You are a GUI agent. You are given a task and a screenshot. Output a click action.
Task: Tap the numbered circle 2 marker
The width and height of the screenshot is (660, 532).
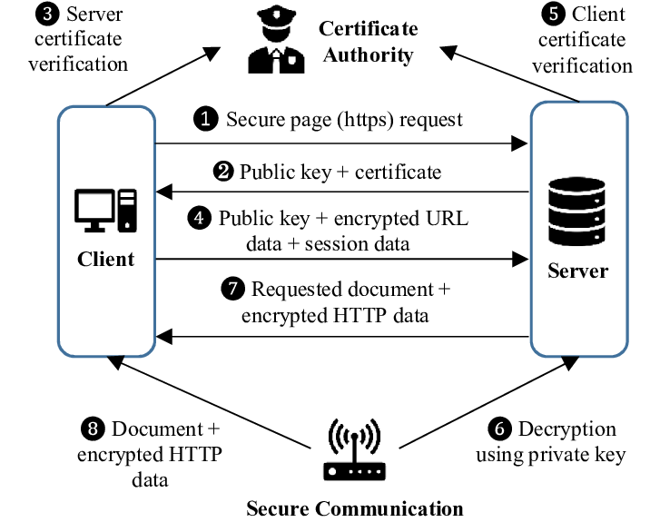(x=223, y=172)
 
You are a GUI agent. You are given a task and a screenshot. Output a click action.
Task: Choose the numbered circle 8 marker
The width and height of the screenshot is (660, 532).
(x=94, y=429)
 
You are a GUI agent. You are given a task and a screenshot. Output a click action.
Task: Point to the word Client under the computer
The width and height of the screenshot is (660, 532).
(x=105, y=259)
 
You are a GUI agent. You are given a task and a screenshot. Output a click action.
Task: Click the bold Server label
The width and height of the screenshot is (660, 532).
(x=578, y=271)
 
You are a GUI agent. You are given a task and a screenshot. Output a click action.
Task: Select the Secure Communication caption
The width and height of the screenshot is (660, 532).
(x=354, y=508)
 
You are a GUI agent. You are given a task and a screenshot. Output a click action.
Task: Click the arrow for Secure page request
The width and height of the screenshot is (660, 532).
(x=341, y=143)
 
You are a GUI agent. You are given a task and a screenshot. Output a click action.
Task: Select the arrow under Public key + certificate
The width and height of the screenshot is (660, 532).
(x=341, y=192)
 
